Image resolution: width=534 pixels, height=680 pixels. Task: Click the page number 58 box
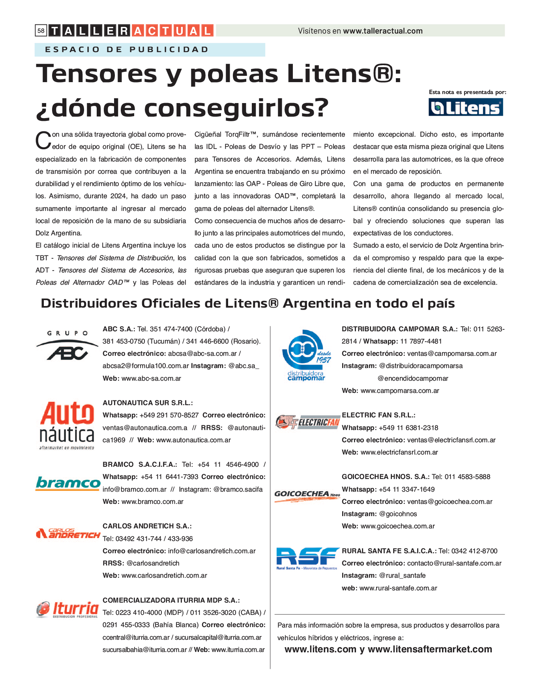tap(41, 30)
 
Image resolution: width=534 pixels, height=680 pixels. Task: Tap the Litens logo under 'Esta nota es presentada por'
tap(466, 107)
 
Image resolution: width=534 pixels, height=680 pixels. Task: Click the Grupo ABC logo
tap(67, 346)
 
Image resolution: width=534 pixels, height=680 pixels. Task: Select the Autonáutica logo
tap(67, 425)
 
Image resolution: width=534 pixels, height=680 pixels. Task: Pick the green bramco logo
tap(68, 483)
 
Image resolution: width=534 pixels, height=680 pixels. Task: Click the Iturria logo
tap(67, 609)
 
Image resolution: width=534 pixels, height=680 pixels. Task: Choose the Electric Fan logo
tap(307, 422)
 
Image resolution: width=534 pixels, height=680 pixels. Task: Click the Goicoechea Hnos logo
tap(307, 496)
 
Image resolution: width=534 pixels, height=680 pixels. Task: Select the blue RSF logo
tap(307, 558)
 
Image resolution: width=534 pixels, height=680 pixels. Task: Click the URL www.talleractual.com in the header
tap(383, 31)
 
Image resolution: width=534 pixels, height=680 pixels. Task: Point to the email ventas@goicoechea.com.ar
tap(450, 502)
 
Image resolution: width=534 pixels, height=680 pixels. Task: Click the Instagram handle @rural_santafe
tap(402, 575)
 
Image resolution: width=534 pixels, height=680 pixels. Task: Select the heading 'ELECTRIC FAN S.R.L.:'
tap(378, 415)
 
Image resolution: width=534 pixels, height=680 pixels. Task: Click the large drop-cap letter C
tap(43, 141)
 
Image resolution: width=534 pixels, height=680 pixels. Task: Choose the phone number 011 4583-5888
tap(467, 477)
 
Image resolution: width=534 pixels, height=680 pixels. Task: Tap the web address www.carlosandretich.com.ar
tap(164, 575)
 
